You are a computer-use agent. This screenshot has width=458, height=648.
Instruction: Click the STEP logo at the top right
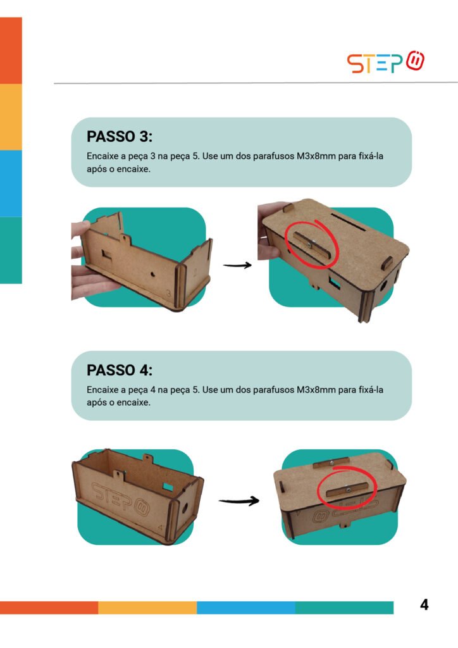(x=385, y=62)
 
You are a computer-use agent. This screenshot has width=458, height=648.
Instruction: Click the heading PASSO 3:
(x=120, y=137)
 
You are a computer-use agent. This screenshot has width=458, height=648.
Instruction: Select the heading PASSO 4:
(x=120, y=370)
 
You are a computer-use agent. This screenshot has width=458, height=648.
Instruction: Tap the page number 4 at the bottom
(x=424, y=605)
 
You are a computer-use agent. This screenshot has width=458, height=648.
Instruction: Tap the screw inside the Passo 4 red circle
(x=347, y=488)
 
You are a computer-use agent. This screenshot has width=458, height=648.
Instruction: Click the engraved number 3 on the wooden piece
(x=169, y=293)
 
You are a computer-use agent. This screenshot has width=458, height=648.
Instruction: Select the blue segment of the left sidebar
(x=11, y=183)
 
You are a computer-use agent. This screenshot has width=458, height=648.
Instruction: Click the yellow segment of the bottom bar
(x=147, y=607)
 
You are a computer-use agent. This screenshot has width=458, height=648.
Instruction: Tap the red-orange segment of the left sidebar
(x=11, y=51)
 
